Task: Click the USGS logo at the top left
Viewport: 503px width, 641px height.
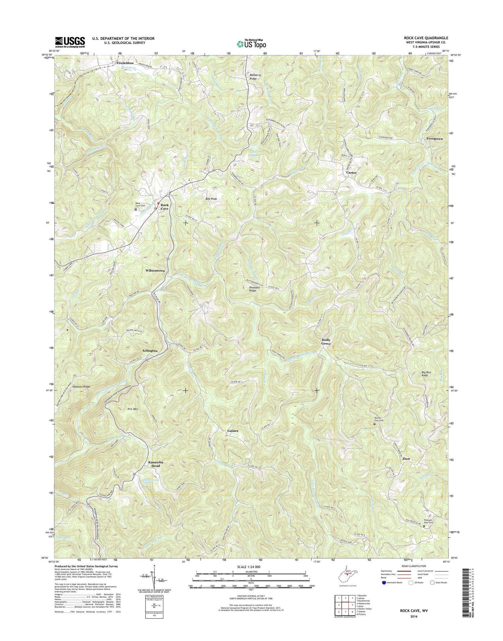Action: coord(70,42)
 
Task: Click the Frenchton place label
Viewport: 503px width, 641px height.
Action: coord(125,63)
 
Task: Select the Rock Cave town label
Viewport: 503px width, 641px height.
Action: coord(164,207)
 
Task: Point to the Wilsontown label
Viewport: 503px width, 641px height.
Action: coord(155,270)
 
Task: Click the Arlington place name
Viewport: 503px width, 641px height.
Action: coord(150,351)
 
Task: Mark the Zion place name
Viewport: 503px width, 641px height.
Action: coord(406,459)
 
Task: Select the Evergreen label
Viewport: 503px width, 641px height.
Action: coord(434,138)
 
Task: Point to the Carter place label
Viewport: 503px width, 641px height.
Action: coord(351,172)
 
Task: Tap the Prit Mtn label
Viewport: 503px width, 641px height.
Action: coord(133,409)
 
